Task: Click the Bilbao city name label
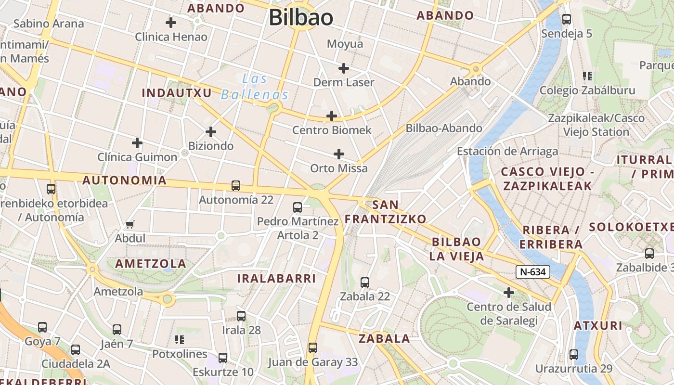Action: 301,18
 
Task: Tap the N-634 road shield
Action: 533,272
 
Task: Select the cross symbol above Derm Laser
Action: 343,68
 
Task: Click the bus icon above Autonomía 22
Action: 236,186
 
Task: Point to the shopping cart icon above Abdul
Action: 130,224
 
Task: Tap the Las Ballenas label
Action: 255,87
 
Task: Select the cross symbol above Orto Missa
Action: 339,154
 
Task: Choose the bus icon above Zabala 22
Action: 365,282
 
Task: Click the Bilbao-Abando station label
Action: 444,128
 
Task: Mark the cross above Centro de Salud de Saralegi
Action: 508,293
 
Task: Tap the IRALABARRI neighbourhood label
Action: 276,278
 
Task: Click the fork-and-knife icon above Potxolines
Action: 180,340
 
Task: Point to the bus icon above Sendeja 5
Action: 567,20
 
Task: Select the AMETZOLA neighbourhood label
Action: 151,264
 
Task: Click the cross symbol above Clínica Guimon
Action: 137,143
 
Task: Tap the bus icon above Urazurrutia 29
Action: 574,355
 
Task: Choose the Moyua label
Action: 345,44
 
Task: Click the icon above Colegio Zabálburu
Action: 587,76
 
